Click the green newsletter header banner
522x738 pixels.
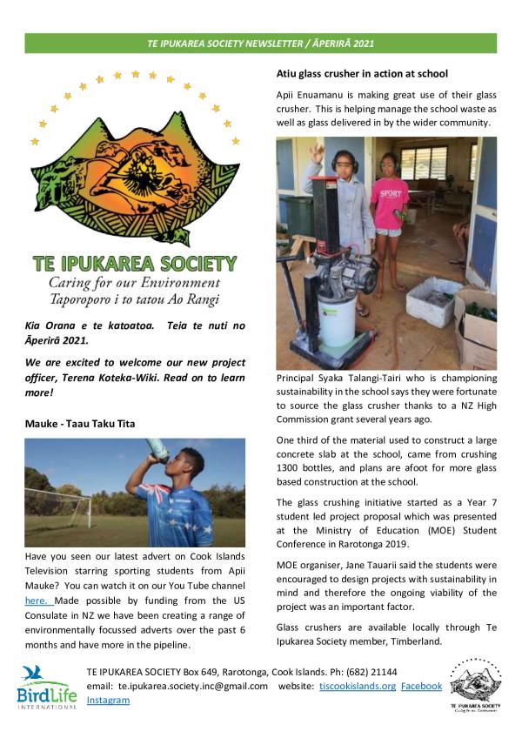click(x=260, y=43)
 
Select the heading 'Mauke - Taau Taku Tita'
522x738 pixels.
click(x=79, y=423)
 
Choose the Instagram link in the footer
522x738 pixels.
click(x=108, y=699)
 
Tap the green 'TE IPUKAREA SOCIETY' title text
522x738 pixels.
click(x=133, y=262)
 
